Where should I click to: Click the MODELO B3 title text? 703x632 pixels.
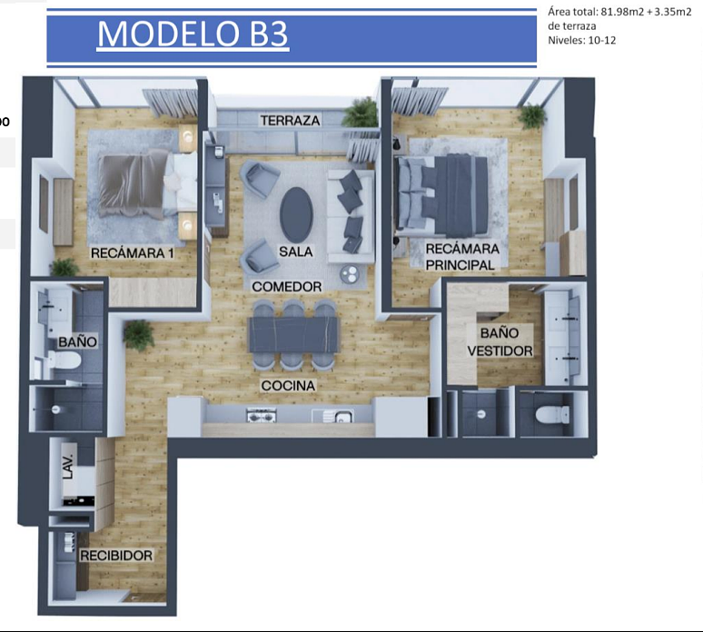193,34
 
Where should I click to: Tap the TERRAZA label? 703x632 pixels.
290,121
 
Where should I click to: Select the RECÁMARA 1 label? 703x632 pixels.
133,252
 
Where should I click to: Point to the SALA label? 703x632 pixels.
295,252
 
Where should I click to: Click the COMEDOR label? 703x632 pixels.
287,286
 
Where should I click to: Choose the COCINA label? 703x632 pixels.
288,386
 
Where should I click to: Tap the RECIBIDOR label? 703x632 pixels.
116,556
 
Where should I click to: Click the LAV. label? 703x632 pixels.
68,466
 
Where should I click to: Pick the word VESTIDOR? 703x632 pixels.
500,351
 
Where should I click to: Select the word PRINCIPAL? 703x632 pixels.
460,265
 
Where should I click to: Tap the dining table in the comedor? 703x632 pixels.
293,334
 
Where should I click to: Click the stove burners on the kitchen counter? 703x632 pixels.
262,416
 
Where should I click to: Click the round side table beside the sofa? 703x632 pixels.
350,274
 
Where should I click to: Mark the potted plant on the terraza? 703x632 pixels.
361,113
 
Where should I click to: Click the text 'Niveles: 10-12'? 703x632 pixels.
581,40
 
